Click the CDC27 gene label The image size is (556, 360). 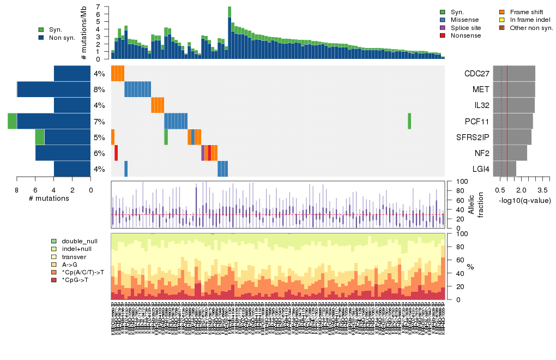[x=476, y=73]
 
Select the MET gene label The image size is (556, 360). [x=480, y=89]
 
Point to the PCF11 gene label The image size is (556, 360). [x=478, y=121]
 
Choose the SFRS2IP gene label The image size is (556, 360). [x=474, y=137]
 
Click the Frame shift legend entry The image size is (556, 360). [x=526, y=11]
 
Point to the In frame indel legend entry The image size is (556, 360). [x=530, y=20]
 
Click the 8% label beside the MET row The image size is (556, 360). [x=99, y=89]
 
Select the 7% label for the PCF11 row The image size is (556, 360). [x=99, y=121]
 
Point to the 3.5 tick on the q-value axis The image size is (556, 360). [x=542, y=190]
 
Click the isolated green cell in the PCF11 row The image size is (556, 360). [x=409, y=121]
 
